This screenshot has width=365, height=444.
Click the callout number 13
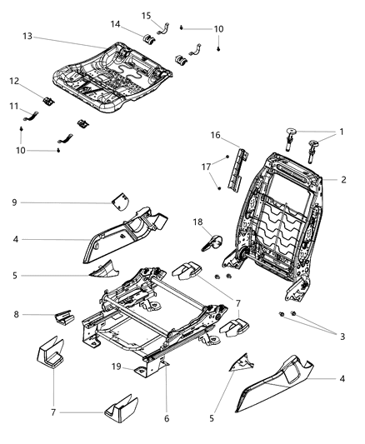(27, 37)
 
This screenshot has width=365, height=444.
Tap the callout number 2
(344, 178)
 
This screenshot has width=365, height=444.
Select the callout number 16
(215, 134)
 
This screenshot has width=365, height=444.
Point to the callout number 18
(198, 223)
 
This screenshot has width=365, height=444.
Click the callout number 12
(15, 81)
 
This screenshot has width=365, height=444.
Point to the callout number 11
(13, 107)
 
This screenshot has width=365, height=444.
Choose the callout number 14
(115, 25)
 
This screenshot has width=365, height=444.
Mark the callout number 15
(146, 15)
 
